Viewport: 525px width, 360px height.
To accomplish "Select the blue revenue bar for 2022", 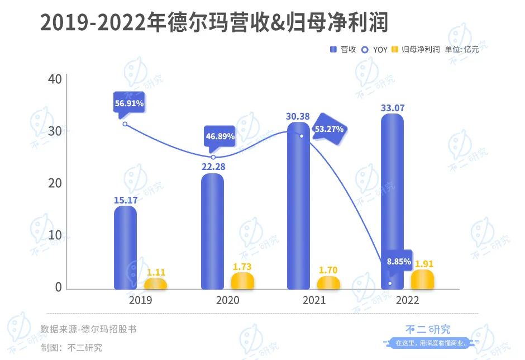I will [x=392, y=201].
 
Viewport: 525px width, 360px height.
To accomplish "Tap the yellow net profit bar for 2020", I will [x=242, y=281].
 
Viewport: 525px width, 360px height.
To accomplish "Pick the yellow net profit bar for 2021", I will [x=328, y=283].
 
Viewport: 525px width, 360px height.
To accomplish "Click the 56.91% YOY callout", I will [x=129, y=103].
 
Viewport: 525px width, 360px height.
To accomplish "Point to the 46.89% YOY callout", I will [x=219, y=136].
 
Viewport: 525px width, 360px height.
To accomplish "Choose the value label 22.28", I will [x=212, y=165].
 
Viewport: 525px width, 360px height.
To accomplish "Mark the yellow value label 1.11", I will [x=156, y=272].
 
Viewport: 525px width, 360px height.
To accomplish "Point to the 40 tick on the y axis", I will [x=55, y=79].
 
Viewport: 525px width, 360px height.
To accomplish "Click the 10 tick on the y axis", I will [x=55, y=235].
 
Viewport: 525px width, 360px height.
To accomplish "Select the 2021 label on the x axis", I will [x=314, y=301].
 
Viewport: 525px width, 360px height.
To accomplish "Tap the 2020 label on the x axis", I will [x=227, y=301].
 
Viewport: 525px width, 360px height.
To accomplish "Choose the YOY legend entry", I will [x=375, y=49].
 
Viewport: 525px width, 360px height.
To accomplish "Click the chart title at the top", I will [x=214, y=23].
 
